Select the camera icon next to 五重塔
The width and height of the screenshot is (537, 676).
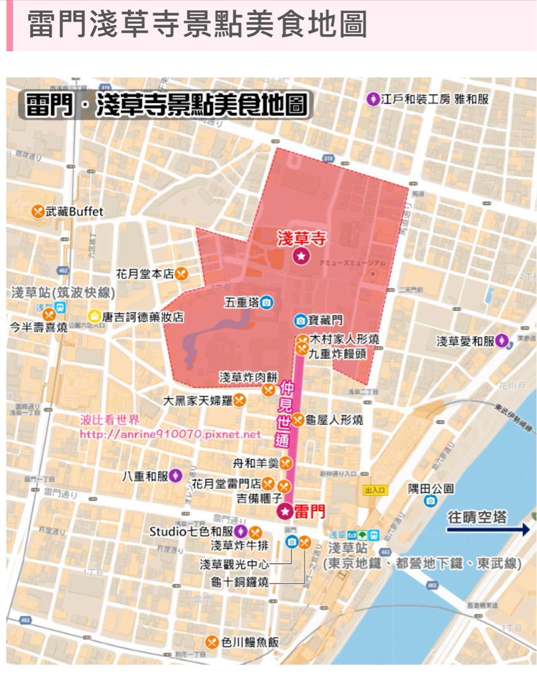267,303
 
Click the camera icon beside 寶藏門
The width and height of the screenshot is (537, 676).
301,321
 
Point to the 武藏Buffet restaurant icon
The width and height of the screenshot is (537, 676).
38,211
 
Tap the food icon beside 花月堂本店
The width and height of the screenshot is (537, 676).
181,274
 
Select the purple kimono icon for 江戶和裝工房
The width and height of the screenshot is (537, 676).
373,99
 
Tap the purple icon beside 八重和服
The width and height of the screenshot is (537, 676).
176,476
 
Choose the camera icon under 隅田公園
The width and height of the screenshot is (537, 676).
431,501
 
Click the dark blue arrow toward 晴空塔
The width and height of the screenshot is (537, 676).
488,530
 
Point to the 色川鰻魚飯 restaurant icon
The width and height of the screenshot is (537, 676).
212,642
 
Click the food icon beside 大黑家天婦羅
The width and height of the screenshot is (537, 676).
240,401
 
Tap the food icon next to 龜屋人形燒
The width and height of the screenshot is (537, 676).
298,420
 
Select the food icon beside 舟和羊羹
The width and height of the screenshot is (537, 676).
286,463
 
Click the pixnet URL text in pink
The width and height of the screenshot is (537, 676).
170,434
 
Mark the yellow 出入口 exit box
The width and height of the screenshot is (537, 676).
375,490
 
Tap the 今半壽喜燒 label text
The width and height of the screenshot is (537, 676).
39,327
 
